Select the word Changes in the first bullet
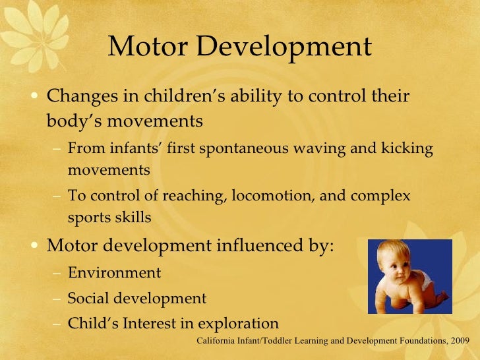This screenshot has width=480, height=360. coord(80,96)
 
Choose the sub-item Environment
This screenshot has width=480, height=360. coord(114,272)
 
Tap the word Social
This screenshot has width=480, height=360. coord(88,298)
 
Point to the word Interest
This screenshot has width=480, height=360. coord(156,323)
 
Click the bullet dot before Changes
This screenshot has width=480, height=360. coord(37,97)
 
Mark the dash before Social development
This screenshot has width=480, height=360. coord(57,299)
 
